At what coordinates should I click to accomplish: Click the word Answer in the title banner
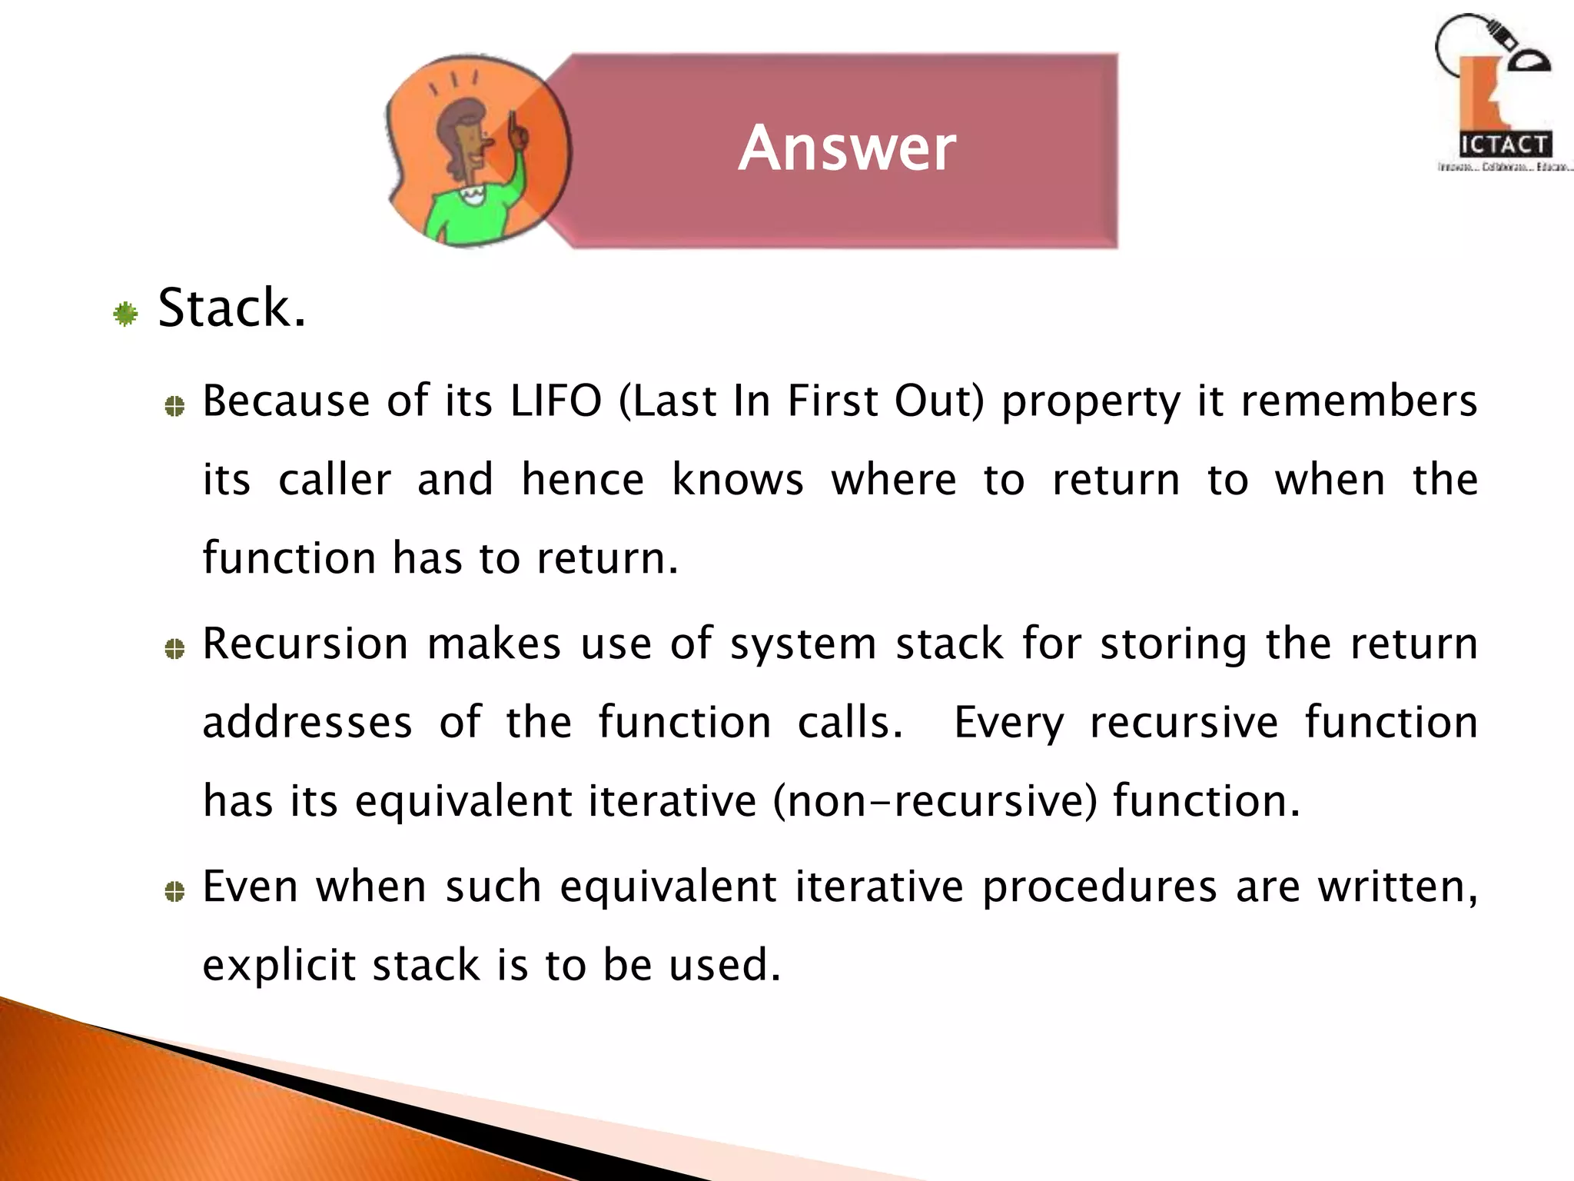pos(847,148)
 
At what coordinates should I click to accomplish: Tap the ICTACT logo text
pos(1504,145)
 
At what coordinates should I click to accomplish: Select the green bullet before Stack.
pos(125,314)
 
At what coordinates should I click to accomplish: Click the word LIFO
pos(556,401)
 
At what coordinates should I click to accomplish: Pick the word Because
pos(286,401)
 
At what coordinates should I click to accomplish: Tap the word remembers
pos(1359,401)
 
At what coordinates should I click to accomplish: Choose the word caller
pos(334,480)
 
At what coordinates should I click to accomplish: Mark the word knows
pos(738,480)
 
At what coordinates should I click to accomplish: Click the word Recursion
pos(305,644)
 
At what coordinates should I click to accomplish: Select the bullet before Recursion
pos(175,650)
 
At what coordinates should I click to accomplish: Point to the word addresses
pos(307,723)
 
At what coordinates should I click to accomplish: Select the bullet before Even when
pos(175,892)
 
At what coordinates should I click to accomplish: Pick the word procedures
pos(1100,887)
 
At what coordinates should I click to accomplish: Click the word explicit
pos(279,966)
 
